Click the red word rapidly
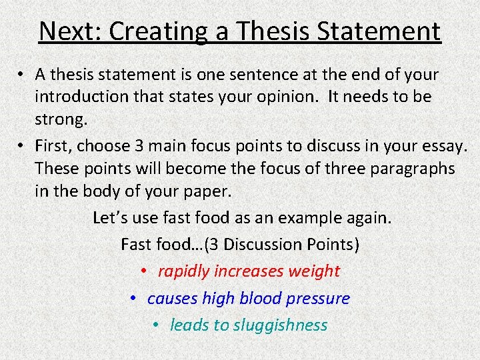click(183, 271)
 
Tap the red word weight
click(314, 271)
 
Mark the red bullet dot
click(144, 272)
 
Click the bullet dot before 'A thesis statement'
click(22, 75)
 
